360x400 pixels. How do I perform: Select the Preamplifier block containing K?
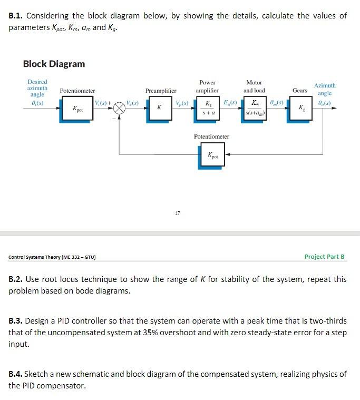[159, 108]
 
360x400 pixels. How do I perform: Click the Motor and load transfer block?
[255, 108]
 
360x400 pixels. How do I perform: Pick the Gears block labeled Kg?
[300, 108]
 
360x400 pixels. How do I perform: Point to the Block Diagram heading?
[54, 64]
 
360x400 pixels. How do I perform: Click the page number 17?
[177, 213]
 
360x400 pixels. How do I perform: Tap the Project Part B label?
[324, 257]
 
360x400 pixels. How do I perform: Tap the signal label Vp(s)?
[183, 101]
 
